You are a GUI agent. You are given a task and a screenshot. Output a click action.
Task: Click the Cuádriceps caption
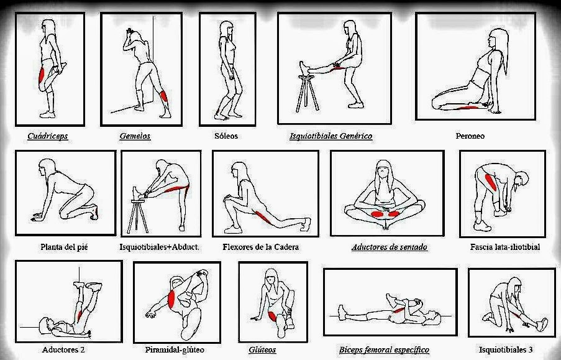(x=48, y=136)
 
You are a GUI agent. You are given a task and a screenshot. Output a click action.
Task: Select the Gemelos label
(x=135, y=136)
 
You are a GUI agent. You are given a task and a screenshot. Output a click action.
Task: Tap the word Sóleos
(x=226, y=136)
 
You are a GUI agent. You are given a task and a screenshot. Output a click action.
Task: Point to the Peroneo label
(x=470, y=136)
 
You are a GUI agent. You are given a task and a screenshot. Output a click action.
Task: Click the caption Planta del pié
(x=64, y=247)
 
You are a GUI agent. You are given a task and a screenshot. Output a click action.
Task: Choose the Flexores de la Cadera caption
(x=260, y=247)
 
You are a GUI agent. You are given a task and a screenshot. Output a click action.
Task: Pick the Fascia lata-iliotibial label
(x=505, y=247)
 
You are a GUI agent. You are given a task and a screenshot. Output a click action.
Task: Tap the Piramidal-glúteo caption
(x=175, y=349)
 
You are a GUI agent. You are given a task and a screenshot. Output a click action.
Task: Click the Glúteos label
(x=262, y=349)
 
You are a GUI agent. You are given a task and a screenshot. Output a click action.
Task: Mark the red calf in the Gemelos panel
(x=163, y=96)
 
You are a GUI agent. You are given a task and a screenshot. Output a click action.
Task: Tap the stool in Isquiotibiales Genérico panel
(x=307, y=93)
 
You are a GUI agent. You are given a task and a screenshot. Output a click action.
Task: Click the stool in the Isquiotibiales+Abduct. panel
(x=138, y=216)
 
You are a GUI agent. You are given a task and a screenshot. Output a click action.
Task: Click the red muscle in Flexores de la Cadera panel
(x=263, y=218)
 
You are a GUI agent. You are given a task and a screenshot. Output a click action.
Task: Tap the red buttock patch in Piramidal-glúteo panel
(x=171, y=298)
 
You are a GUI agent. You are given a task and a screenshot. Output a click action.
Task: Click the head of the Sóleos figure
(x=226, y=29)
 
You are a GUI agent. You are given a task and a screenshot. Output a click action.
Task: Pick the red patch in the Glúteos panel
(x=272, y=316)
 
